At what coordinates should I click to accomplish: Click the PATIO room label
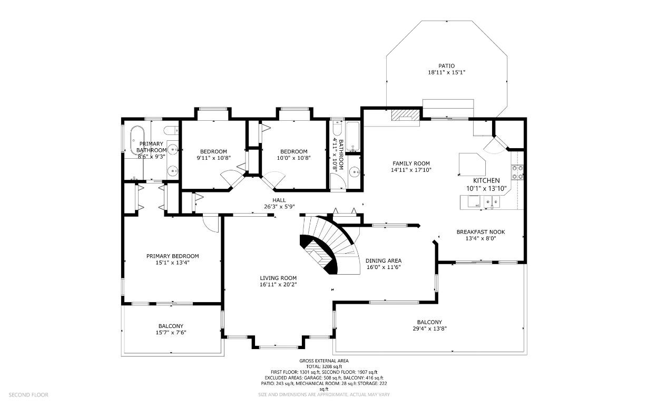click(446, 66)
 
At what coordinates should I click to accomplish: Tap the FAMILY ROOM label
click(411, 163)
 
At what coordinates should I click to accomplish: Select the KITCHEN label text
click(486, 181)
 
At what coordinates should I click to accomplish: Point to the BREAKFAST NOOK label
click(480, 232)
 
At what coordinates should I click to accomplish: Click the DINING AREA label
click(384, 261)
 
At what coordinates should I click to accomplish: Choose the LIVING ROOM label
click(278, 278)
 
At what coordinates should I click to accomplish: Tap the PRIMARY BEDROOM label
click(172, 256)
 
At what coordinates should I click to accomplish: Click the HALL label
click(279, 200)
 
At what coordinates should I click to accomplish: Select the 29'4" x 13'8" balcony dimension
click(429, 329)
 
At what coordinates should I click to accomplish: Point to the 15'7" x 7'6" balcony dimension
click(171, 333)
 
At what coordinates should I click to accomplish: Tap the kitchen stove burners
click(517, 172)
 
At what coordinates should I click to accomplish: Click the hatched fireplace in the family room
click(406, 115)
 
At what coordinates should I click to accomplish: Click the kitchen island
click(472, 165)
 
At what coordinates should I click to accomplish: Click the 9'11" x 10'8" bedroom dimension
click(213, 158)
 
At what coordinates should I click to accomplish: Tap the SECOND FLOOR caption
click(28, 395)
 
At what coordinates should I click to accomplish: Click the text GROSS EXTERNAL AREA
click(323, 361)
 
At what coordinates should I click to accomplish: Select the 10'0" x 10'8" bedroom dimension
click(293, 158)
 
